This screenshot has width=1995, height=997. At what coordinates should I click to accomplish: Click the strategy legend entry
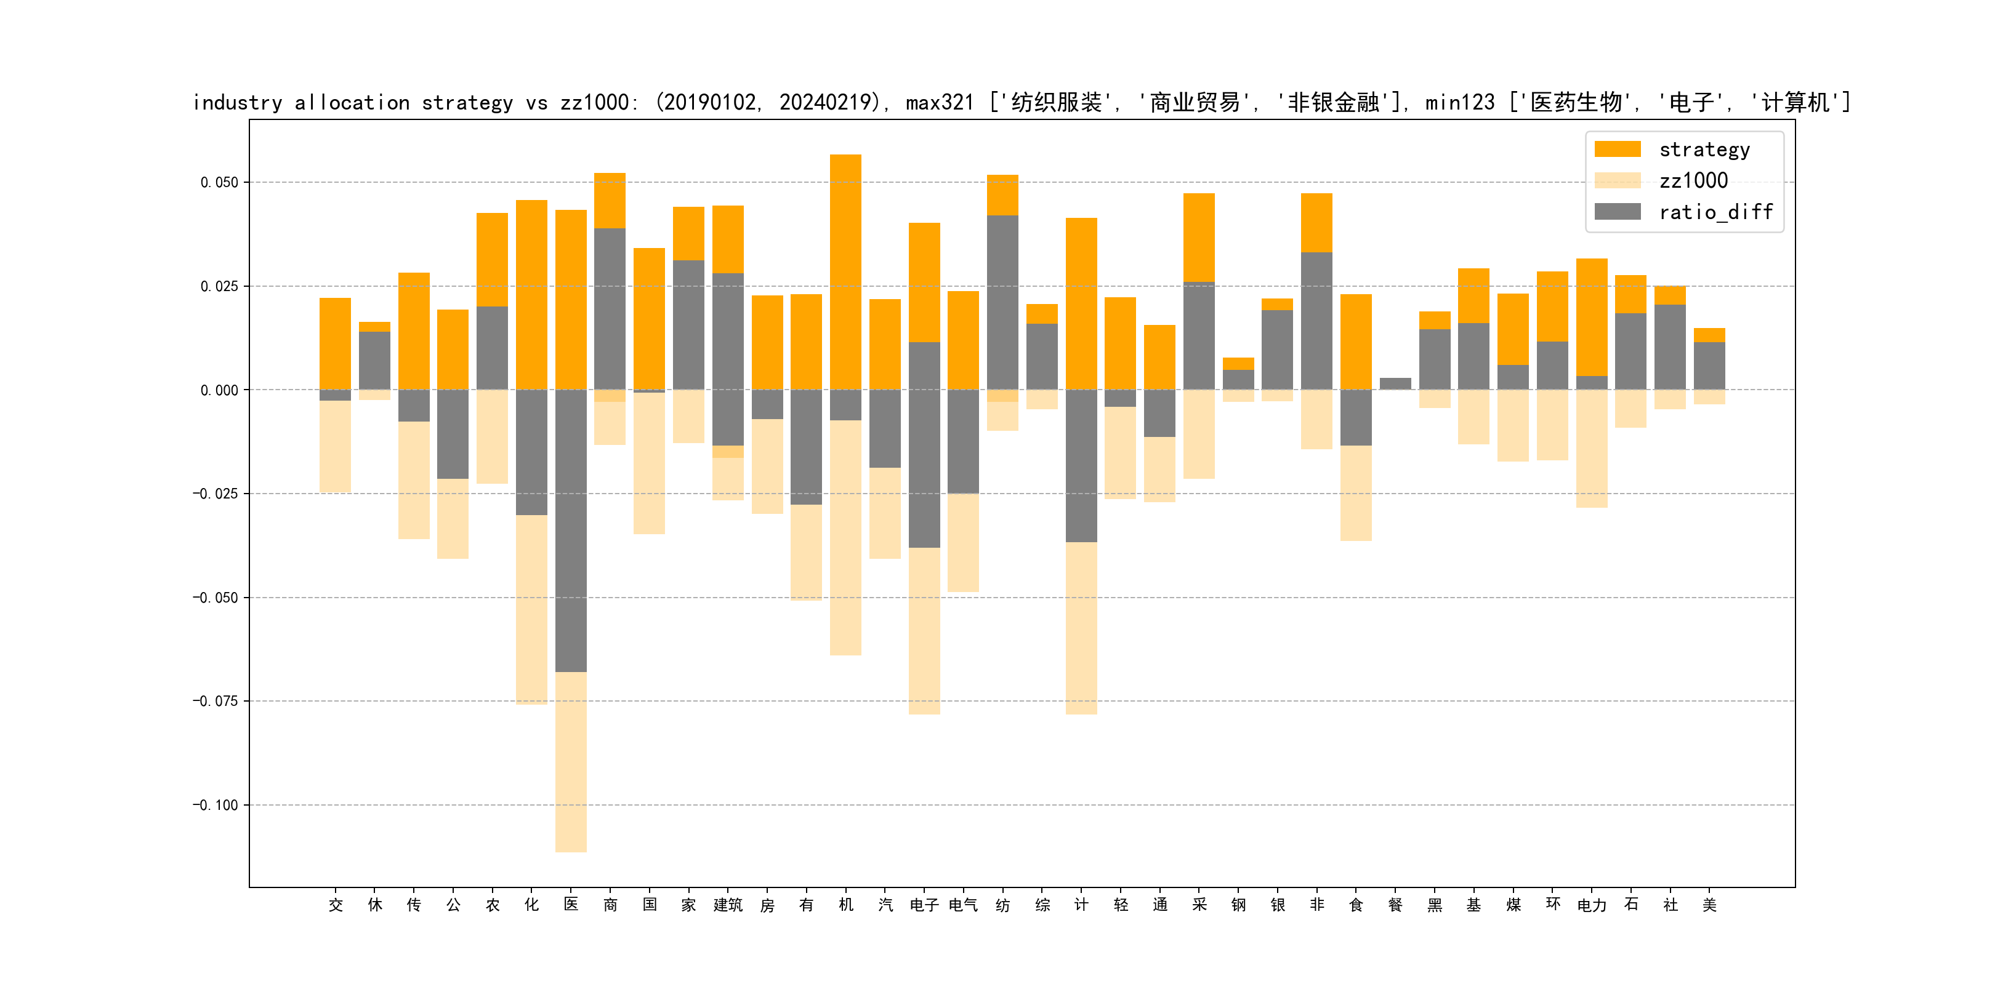pos(1704,150)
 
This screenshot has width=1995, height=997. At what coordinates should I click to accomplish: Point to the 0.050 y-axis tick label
pos(219,183)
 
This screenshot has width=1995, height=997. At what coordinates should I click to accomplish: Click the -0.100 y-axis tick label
pos(216,805)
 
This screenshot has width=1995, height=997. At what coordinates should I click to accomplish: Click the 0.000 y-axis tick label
pos(219,390)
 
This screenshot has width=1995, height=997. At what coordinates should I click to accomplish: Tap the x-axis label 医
pos(571,904)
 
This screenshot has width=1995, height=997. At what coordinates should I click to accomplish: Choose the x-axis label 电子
pos(924,905)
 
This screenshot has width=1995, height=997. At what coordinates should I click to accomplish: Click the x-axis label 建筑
pos(728,905)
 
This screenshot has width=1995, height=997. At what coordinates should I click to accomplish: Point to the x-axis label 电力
pos(1592,905)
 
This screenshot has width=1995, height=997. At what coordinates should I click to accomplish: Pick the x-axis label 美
pos(1709,905)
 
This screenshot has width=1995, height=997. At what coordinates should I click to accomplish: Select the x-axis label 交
pos(336,905)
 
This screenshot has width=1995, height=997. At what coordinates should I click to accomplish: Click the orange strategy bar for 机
pos(845,271)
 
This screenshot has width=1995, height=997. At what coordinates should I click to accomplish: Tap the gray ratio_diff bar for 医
pos(571,531)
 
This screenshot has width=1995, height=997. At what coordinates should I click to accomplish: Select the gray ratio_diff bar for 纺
pos(1003,302)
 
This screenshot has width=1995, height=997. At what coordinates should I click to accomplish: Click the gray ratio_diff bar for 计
pos(1081,465)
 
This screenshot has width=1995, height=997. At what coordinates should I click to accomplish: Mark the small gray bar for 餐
pos(1395,383)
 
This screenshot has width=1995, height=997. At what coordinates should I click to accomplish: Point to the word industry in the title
pos(238,102)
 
